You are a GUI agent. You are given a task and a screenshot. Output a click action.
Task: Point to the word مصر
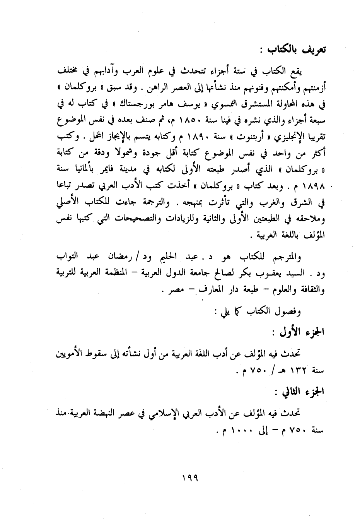[175, 290]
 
